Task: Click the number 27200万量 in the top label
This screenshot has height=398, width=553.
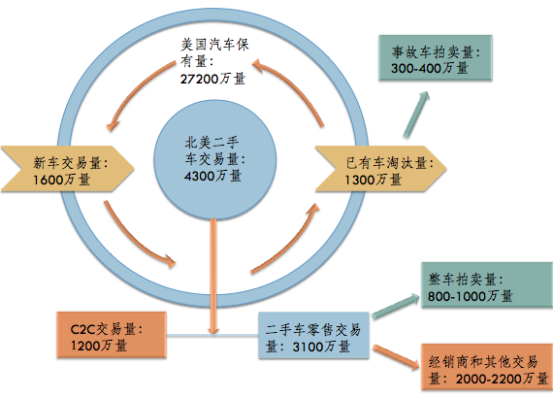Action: pyautogui.click(x=212, y=79)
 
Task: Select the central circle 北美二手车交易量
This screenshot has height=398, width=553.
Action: pyautogui.click(x=214, y=160)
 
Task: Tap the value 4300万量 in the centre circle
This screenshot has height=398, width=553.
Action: pyautogui.click(x=212, y=176)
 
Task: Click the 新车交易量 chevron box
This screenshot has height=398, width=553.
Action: pyautogui.click(x=67, y=169)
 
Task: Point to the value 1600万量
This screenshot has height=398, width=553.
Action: pyautogui.click(x=62, y=180)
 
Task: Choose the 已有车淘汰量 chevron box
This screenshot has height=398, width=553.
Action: pyautogui.click(x=381, y=169)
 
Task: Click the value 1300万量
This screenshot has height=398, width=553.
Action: pyautogui.click(x=374, y=180)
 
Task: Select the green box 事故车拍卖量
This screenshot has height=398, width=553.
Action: pyautogui.click(x=436, y=58)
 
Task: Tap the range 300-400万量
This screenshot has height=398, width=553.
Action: pyautogui.click(x=430, y=68)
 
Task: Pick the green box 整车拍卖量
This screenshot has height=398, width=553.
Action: pyautogui.click(x=487, y=284)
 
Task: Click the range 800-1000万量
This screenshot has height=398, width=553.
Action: pyautogui.click(x=471, y=296)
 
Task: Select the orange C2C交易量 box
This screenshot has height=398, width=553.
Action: pyautogui.click(x=112, y=335)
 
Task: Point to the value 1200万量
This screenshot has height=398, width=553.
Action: pyautogui.click(x=99, y=345)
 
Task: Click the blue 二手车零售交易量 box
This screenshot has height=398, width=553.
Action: pyautogui.click(x=313, y=335)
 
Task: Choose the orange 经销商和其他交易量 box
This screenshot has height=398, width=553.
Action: pyautogui.click(x=487, y=367)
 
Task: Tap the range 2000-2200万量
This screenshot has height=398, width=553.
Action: pyautogui.click(x=502, y=379)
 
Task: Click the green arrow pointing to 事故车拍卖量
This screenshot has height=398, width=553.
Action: pyautogui.click(x=416, y=115)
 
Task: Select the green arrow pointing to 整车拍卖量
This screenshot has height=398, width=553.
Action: pyautogui.click(x=396, y=306)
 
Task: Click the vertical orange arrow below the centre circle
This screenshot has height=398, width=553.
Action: pyautogui.click(x=213, y=277)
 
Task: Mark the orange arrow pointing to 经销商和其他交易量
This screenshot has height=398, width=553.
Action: pyautogui.click(x=396, y=357)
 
